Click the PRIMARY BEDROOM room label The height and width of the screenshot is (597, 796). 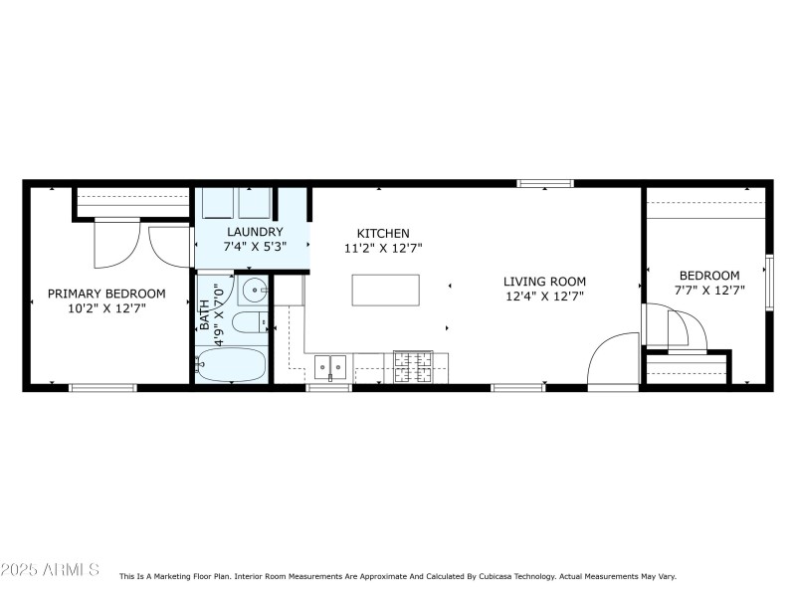pos(106,294)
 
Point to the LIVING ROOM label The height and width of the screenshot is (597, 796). pos(544,282)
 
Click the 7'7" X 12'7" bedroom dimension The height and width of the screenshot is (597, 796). pos(709,291)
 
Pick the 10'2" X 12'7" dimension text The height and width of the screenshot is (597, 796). pos(106,308)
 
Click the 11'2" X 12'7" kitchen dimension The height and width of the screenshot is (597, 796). pos(383,249)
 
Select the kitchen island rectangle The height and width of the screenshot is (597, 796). pos(385,289)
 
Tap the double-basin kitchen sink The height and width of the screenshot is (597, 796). pos(330,368)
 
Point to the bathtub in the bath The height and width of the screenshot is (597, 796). pos(232,365)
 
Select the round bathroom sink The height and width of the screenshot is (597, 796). pos(254,293)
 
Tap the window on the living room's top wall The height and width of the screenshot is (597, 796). pos(544,183)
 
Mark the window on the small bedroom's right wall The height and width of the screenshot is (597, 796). pos(768,282)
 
